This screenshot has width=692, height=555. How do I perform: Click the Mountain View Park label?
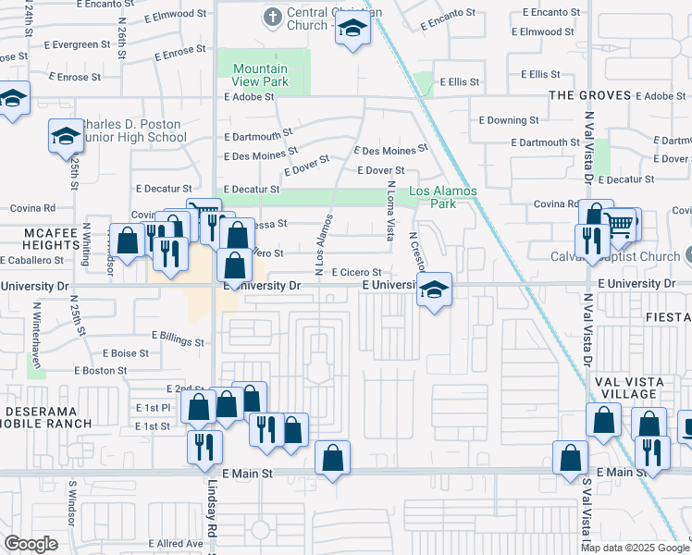[261, 75]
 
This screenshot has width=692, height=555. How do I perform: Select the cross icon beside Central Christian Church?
[272, 17]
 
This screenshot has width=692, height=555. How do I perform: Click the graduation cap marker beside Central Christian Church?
[352, 31]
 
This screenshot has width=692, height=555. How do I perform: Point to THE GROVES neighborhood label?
[590, 95]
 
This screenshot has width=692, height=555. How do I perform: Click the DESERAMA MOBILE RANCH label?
[47, 416]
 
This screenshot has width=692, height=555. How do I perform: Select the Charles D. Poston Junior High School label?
[131, 130]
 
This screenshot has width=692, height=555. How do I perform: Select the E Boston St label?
[99, 370]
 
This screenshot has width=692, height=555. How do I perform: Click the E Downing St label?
[509, 120]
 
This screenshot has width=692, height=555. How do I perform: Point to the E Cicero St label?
[344, 272]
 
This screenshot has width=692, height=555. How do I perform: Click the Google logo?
[31, 544]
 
